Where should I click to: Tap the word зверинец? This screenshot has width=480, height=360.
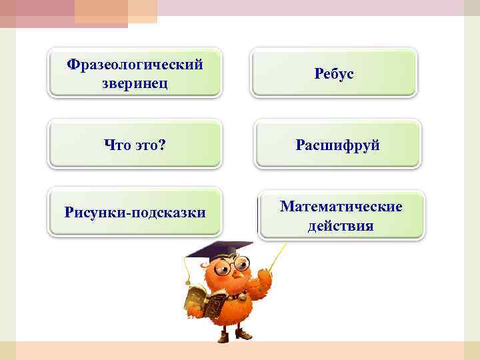[x=135, y=83]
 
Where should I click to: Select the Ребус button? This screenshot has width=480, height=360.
[x=333, y=73]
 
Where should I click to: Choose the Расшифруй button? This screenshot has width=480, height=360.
[x=339, y=145]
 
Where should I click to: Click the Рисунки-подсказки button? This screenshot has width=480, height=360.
[x=135, y=213]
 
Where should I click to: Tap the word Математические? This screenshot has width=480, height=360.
[x=341, y=207]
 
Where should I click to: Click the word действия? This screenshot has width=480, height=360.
[x=341, y=226]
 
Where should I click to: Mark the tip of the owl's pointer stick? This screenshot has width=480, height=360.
[x=286, y=245]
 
